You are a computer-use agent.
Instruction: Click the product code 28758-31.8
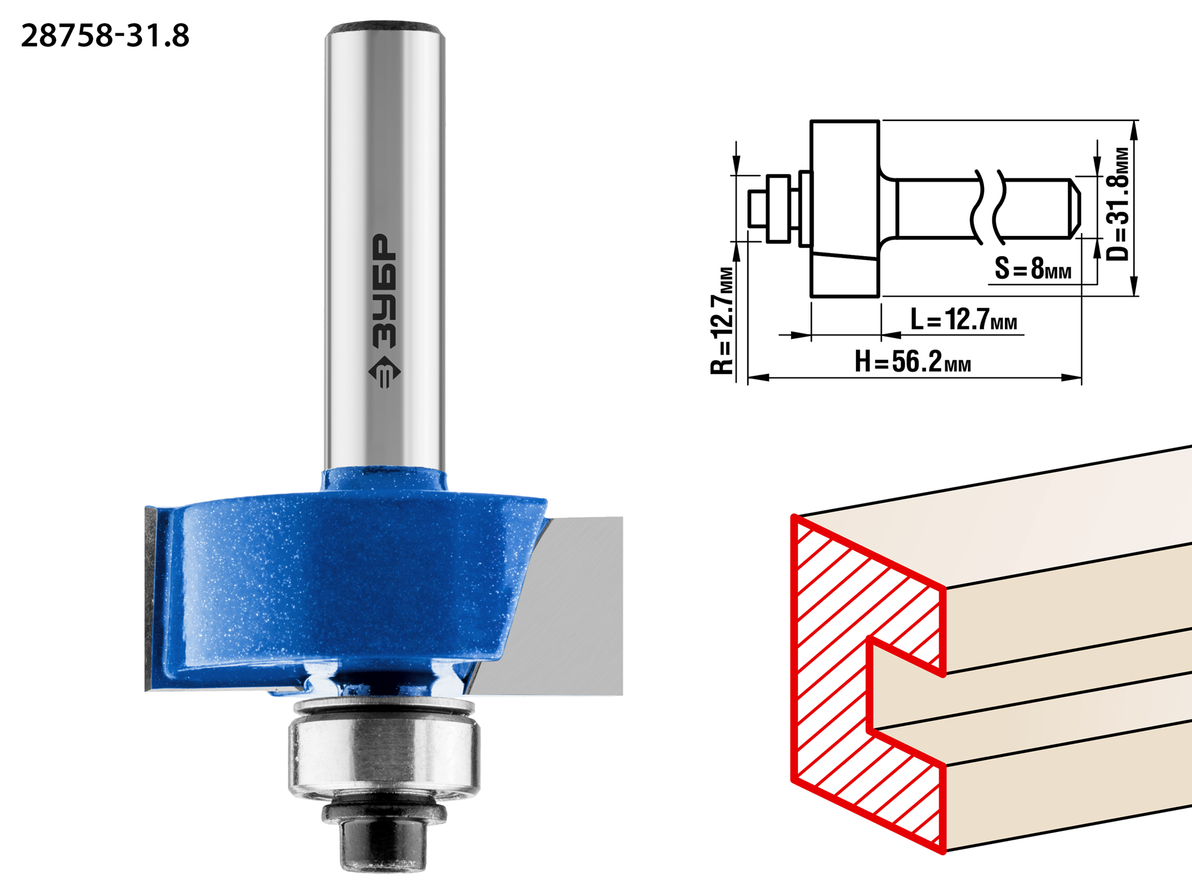(x=105, y=36)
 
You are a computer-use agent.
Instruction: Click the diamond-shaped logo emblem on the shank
(x=384, y=372)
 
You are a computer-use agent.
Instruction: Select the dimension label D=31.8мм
(x=1118, y=204)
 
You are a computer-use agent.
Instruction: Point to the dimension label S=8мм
(x=1033, y=268)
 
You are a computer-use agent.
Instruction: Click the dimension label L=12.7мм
(x=964, y=319)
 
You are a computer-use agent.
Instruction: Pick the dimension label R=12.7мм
(x=722, y=321)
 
